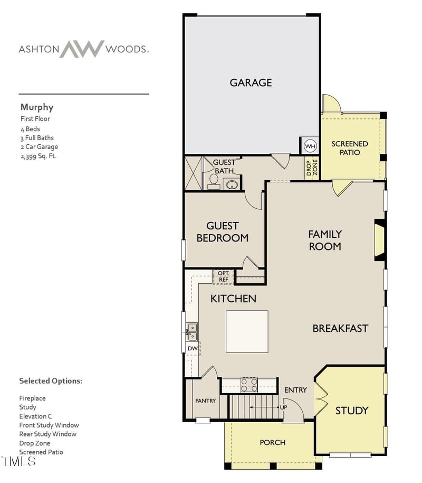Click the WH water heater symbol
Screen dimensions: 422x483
pos(310,146)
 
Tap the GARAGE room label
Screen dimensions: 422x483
pos(251,82)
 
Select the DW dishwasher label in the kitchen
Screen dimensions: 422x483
pos(193,348)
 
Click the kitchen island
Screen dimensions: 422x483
pos(247,331)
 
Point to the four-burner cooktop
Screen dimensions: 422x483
pos(249,385)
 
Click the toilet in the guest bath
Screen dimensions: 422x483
pos(214,181)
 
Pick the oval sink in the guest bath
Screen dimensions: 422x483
pos(231,185)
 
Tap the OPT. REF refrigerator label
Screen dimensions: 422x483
pos(224,276)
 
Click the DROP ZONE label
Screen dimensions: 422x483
pos(312,168)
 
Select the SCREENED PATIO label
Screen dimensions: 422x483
pos(350,148)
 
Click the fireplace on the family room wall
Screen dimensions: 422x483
pos(380,240)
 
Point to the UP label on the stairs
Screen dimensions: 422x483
pos(283,407)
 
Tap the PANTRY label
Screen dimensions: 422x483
pos(206,401)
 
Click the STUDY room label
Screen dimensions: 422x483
pos(351,411)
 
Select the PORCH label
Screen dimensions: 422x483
pos(273,443)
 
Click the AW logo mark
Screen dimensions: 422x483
pos(82,49)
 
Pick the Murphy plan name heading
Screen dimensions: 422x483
pos(37,107)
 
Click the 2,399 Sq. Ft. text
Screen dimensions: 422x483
pos(39,156)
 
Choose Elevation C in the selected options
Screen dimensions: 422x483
pos(35,416)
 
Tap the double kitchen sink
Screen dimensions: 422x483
pos(192,332)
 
